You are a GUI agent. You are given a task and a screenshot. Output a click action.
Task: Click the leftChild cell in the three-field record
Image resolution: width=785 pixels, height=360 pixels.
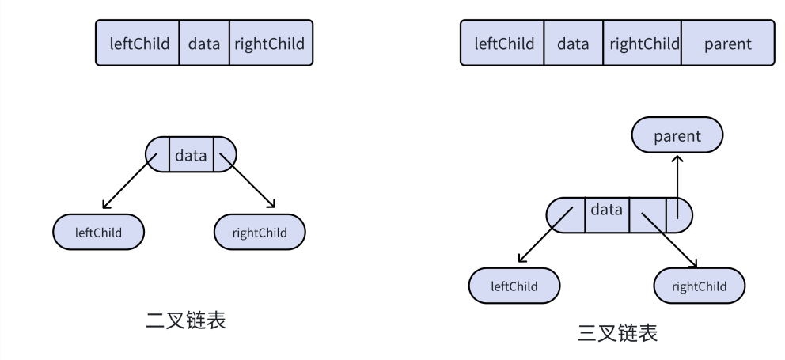[138, 44]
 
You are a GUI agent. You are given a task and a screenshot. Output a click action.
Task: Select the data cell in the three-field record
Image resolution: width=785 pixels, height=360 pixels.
[204, 44]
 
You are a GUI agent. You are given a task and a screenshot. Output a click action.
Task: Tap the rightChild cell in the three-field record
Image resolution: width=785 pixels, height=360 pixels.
[270, 44]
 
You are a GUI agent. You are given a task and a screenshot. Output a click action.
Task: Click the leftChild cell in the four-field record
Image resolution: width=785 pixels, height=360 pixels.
[504, 44]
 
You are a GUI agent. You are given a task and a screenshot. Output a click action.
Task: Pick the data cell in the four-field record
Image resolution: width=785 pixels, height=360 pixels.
[573, 44]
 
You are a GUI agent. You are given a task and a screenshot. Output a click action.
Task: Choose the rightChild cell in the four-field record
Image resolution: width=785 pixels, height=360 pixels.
[643, 44]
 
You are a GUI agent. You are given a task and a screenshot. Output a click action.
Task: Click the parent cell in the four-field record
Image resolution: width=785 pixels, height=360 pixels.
[727, 44]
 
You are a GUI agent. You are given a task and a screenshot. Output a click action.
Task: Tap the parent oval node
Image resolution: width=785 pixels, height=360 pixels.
[677, 136]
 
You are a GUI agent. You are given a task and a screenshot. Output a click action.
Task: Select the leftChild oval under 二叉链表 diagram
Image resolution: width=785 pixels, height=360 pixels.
[98, 233]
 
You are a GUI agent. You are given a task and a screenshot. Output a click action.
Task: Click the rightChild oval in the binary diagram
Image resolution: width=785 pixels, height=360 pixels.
[260, 233]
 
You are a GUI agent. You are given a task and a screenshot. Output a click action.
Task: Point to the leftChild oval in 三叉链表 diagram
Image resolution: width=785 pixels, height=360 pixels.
[514, 286]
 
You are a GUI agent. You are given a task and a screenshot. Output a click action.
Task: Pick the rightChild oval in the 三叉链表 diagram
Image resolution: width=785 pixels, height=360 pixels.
[700, 286]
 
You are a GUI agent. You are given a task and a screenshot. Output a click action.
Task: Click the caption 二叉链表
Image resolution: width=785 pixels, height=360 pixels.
[186, 320]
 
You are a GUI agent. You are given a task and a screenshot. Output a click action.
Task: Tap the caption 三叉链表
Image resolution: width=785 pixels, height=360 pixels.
[617, 333]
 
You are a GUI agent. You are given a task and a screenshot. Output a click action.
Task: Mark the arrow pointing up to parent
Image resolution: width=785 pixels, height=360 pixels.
[677, 182]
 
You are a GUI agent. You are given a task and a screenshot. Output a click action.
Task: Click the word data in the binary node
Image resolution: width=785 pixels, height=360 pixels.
[191, 156]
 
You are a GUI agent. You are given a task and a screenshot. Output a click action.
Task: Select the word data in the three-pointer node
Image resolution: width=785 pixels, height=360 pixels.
[607, 210]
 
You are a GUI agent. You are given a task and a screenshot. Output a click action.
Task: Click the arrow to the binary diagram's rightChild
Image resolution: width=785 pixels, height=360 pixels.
[248, 180]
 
